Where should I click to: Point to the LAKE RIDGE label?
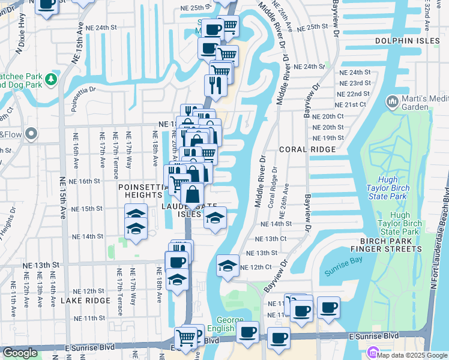[89, 300]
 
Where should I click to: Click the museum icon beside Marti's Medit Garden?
[393, 102]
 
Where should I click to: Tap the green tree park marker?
[52, 79]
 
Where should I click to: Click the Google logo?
[20, 353]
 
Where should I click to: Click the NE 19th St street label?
[329, 137]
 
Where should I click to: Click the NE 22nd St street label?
[354, 94]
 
